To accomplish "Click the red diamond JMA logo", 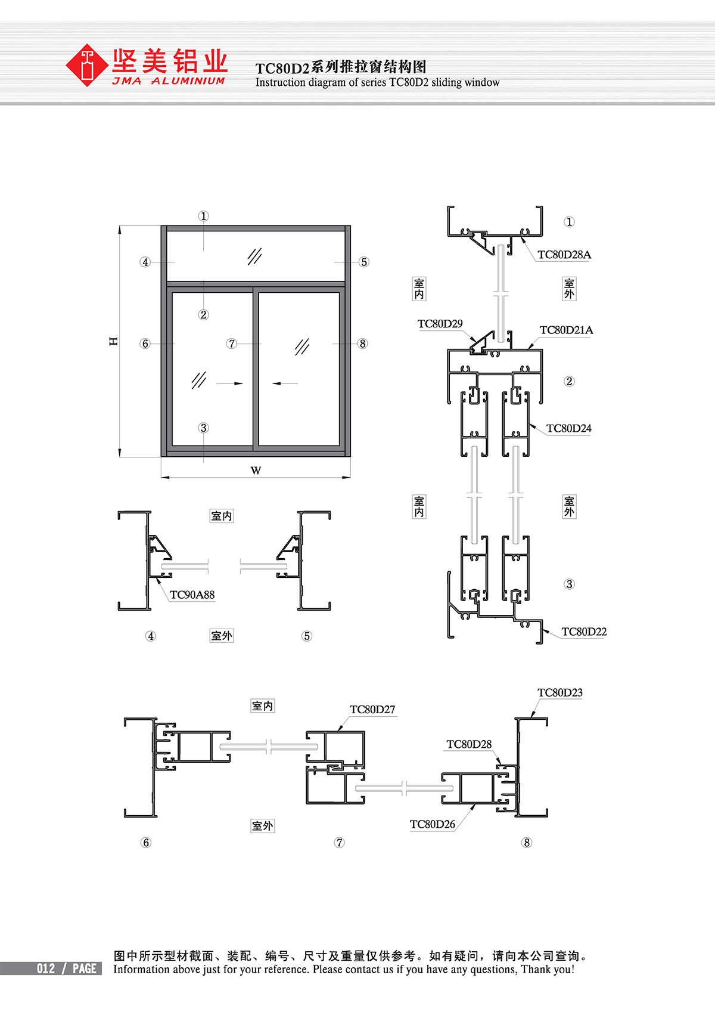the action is pyautogui.click(x=86, y=65).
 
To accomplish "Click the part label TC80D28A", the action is pyautogui.click(x=564, y=255).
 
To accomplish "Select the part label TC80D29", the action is pyautogui.click(x=440, y=324).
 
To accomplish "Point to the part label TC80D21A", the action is pyautogui.click(x=566, y=330).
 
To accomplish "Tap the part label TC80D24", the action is pyautogui.click(x=569, y=428).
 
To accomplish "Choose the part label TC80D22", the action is pyautogui.click(x=584, y=632).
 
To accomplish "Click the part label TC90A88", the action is pyautogui.click(x=192, y=595).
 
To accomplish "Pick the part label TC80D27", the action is pyautogui.click(x=372, y=709).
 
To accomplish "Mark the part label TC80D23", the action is pyautogui.click(x=559, y=692).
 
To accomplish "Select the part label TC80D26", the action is pyautogui.click(x=433, y=825).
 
